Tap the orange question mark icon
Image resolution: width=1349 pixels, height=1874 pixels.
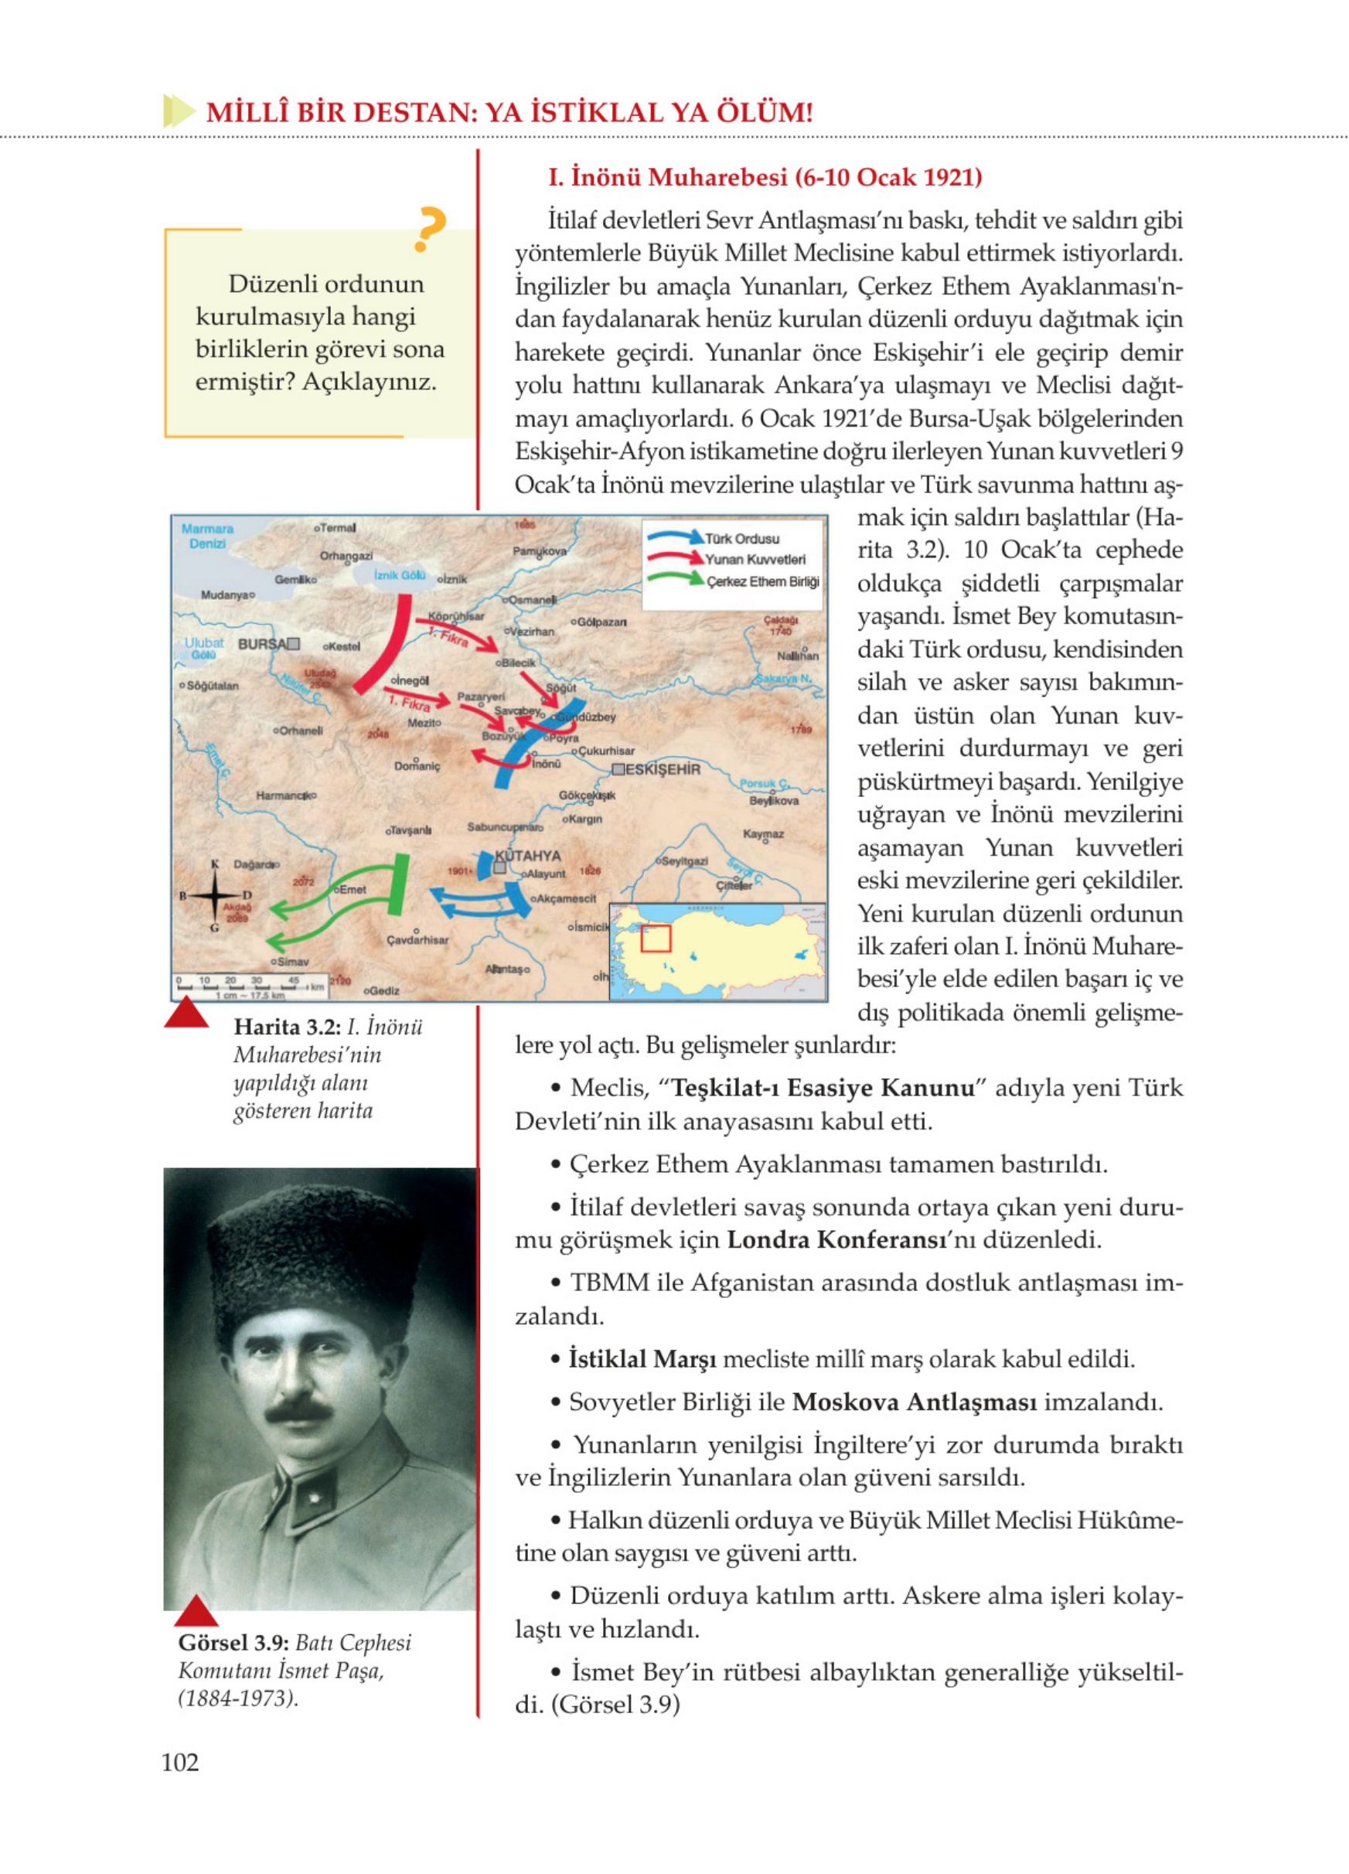(x=430, y=229)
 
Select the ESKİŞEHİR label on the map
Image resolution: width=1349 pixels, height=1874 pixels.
(x=663, y=769)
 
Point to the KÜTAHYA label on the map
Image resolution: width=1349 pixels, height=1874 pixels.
(x=528, y=855)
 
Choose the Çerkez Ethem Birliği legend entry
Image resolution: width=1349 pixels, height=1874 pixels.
(x=761, y=581)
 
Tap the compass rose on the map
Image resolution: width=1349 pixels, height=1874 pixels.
(x=215, y=894)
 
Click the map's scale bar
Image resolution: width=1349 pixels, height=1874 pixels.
(x=248, y=986)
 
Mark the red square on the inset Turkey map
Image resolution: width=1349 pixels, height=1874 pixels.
(x=655, y=938)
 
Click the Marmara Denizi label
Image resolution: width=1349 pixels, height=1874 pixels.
(x=206, y=536)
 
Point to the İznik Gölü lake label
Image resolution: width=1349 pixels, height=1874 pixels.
(x=399, y=575)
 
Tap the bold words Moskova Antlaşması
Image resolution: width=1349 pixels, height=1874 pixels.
(x=914, y=1402)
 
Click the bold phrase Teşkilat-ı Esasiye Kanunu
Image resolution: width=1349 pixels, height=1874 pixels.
(x=823, y=1088)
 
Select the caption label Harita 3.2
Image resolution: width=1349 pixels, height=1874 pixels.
(x=287, y=1027)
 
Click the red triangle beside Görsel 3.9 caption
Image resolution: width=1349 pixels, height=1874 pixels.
(x=196, y=1610)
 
